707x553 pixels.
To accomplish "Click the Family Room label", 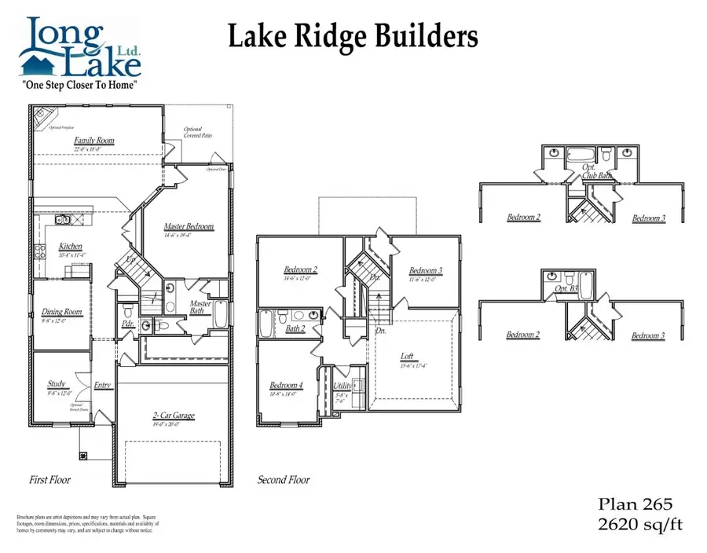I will [x=94, y=141].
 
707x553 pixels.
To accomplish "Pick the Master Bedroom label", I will [x=189, y=227].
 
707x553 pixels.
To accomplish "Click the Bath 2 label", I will [x=295, y=328].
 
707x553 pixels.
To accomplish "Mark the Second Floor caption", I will [x=284, y=480].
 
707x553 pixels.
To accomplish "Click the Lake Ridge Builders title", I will [x=353, y=37].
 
